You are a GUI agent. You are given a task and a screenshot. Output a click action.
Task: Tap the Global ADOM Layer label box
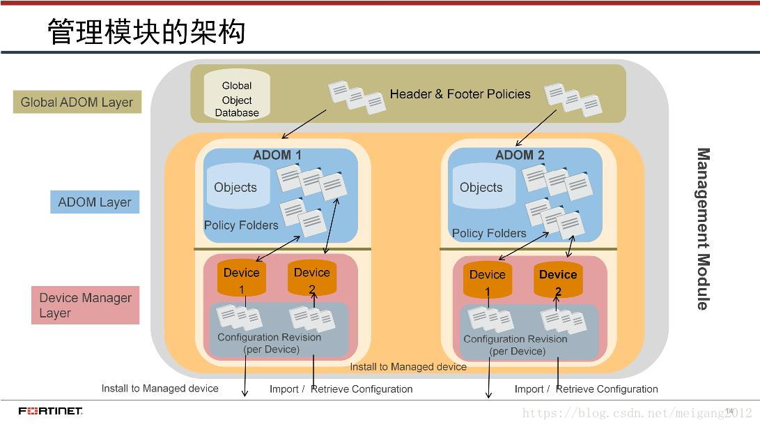(x=77, y=102)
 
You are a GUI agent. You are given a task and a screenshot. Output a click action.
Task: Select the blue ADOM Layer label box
(x=95, y=202)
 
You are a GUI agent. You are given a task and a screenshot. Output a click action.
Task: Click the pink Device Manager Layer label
(x=85, y=305)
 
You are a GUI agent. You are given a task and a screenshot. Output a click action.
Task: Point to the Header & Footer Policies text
(x=460, y=94)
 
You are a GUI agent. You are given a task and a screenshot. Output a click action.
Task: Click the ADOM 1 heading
(x=277, y=155)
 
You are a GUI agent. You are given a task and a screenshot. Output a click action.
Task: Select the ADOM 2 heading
(x=520, y=155)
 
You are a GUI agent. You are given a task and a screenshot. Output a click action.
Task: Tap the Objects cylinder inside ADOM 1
(x=235, y=187)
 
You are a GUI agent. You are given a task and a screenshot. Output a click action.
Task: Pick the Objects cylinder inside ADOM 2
(x=481, y=187)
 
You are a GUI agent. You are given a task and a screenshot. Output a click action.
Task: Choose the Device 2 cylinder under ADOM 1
(x=311, y=278)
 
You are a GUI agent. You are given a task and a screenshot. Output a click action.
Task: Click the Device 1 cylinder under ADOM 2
(x=488, y=280)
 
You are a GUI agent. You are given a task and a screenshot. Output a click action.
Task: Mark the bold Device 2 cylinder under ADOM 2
(x=558, y=280)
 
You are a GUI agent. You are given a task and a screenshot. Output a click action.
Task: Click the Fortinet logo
(x=50, y=411)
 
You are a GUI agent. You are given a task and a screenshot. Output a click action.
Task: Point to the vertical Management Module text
(x=704, y=228)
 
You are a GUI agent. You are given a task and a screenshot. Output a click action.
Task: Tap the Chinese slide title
(x=146, y=32)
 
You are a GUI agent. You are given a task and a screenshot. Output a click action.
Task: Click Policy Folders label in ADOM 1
(x=241, y=225)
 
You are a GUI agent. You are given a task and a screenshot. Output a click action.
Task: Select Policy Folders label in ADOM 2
(x=489, y=233)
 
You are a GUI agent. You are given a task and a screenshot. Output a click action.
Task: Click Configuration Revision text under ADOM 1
(x=270, y=343)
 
